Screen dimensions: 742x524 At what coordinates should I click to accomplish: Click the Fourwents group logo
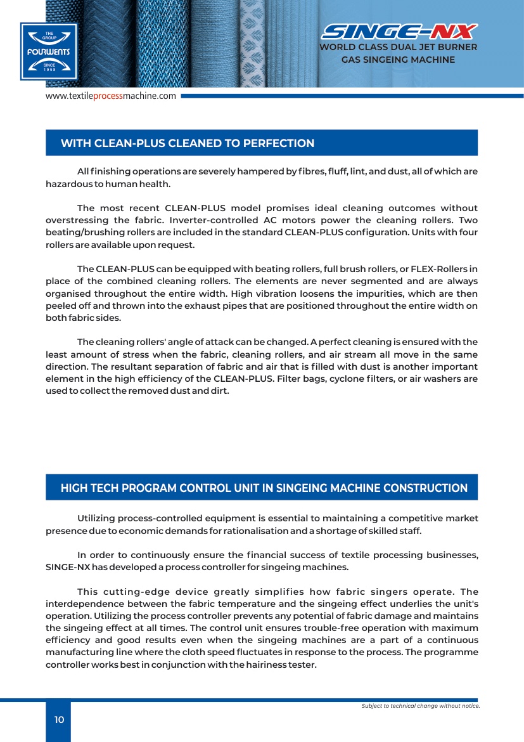48,51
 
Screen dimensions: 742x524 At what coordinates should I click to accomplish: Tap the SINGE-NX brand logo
400,32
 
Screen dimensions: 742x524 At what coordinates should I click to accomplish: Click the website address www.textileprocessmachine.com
110,96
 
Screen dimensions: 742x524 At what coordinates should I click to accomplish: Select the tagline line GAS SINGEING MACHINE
398,60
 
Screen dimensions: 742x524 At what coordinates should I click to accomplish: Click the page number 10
59,719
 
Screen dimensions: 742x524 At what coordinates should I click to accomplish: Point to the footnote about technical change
420,706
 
